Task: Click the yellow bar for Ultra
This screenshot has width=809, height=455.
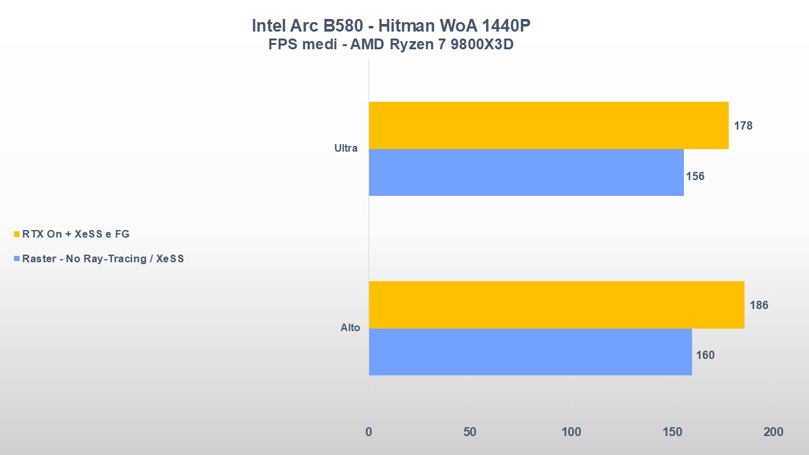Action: (x=549, y=125)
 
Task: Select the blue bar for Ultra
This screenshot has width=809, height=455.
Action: (x=526, y=173)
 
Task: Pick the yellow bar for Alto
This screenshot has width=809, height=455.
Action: (x=556, y=305)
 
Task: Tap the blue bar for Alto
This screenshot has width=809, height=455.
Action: (x=530, y=352)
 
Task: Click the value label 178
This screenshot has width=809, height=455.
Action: (x=743, y=126)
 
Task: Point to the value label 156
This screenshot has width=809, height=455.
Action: (x=695, y=176)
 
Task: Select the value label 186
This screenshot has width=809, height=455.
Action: (x=759, y=305)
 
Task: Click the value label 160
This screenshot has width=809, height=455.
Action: (x=705, y=355)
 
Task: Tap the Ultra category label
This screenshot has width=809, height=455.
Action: (x=346, y=149)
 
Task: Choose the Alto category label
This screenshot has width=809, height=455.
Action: (x=350, y=328)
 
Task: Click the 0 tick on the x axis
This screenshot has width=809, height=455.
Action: (x=369, y=432)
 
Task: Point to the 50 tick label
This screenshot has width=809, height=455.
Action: (x=470, y=432)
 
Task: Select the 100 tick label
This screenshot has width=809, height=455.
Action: (x=571, y=432)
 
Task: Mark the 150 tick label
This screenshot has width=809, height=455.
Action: (x=672, y=432)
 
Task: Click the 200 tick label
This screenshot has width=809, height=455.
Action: (x=773, y=432)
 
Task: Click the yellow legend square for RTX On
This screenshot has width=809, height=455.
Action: (x=17, y=234)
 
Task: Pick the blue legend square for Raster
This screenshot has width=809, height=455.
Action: (x=17, y=259)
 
